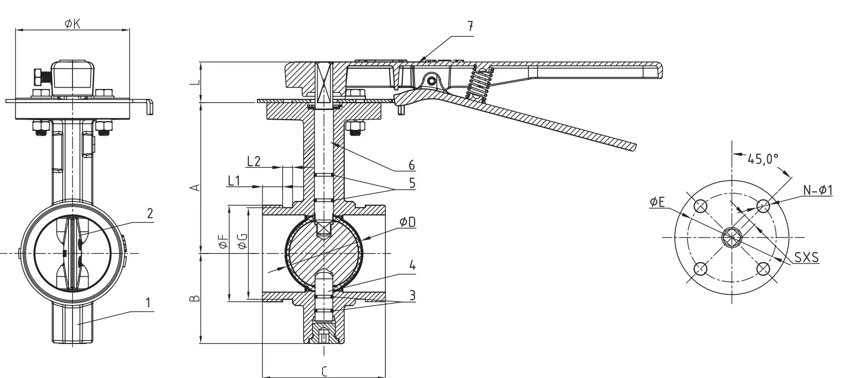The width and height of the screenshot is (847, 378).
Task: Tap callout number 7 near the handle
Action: [x=470, y=27]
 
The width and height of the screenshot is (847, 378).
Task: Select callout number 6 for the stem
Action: [x=412, y=165]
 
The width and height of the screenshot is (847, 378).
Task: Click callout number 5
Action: [x=412, y=183]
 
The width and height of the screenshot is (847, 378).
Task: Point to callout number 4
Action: [x=412, y=266]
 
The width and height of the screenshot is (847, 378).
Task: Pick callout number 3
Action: [x=412, y=295]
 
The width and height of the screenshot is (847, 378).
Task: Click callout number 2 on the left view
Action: [x=150, y=213]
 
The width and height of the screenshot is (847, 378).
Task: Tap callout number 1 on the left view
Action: [x=148, y=303]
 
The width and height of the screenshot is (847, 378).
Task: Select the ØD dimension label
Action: [x=407, y=222]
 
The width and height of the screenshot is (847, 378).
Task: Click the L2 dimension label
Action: [x=254, y=162]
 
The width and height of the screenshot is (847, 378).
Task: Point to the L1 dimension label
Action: [x=234, y=180]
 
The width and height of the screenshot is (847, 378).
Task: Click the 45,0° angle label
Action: [x=763, y=159]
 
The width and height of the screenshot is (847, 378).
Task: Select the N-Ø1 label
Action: [x=817, y=191]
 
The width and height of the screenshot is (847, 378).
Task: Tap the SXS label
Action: [x=806, y=257]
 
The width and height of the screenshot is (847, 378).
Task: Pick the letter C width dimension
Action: [x=324, y=372]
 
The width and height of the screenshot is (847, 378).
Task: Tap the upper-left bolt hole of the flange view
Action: [x=701, y=206]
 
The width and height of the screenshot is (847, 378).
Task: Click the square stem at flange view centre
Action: [x=731, y=237]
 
